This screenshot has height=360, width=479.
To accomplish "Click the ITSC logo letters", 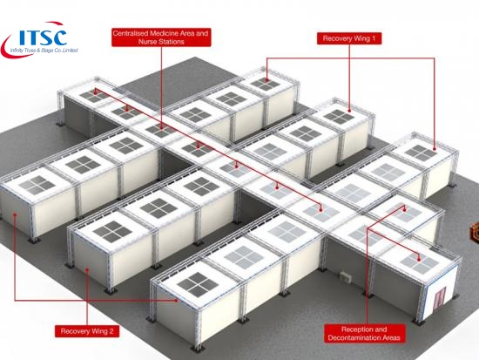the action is coord(43,37).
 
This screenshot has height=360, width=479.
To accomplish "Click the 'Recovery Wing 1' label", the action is coord(349,38).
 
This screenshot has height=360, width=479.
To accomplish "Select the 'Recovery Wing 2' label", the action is coord(87,331).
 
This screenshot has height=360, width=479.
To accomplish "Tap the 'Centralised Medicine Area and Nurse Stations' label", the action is coord(161,37).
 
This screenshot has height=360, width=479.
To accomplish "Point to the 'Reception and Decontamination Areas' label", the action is coord(364,333).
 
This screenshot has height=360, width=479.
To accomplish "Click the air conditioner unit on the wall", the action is coord(347,276).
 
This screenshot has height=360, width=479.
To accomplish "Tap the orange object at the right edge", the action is coord(475,232).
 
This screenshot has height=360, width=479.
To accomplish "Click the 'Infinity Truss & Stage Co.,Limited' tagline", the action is coord(44,51).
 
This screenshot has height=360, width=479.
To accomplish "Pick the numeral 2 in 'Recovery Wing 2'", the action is coord(111,331).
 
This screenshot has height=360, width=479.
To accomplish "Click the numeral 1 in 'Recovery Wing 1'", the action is coord(374,38).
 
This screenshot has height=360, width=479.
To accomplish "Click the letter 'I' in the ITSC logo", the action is coord(22,37).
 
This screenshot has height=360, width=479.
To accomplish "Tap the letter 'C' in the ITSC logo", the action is coord(60,37).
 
